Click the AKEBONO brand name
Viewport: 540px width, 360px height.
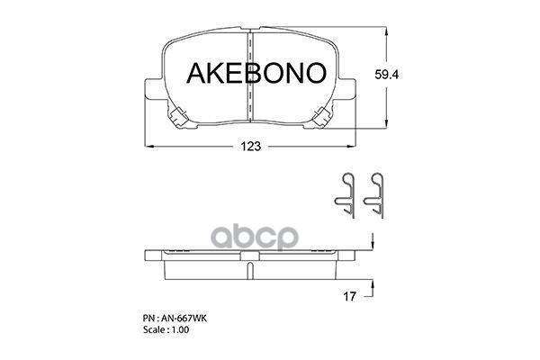pyautogui.click(x=249, y=74)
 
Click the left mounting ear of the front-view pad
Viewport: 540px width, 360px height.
pyautogui.click(x=150, y=88)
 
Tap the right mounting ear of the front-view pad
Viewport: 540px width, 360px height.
pyautogui.click(x=350, y=88)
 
